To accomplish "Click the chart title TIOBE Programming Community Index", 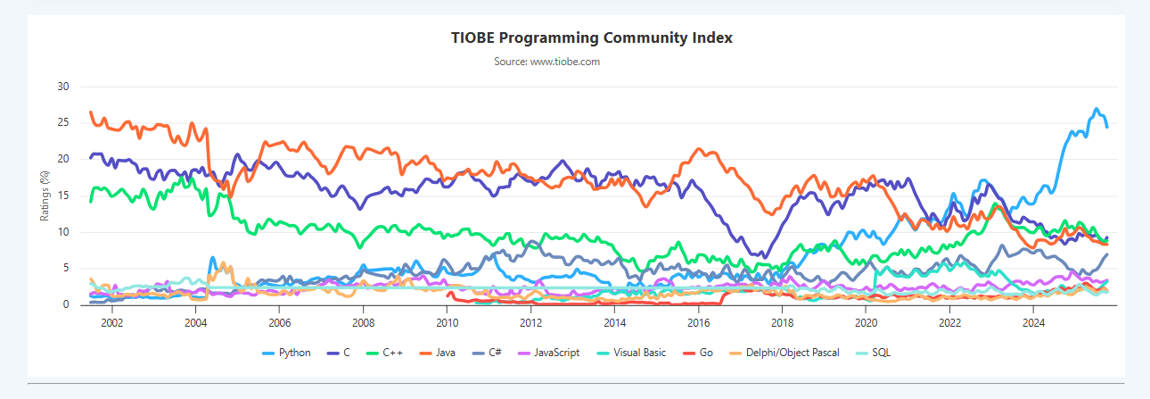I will pos(593,38).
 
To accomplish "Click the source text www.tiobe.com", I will pos(546,62).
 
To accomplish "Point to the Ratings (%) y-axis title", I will pos(45,195).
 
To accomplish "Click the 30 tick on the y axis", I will pos(62,87).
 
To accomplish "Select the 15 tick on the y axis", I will pos(62,195).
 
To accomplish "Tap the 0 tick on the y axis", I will pos(65,304).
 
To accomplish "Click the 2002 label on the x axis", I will pos(111,322).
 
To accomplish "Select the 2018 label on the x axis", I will pos(782,322).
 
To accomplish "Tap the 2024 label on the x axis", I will pos(1033,322).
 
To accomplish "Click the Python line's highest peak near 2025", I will pos(1097,109).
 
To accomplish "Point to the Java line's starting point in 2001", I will pos(91,112).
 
